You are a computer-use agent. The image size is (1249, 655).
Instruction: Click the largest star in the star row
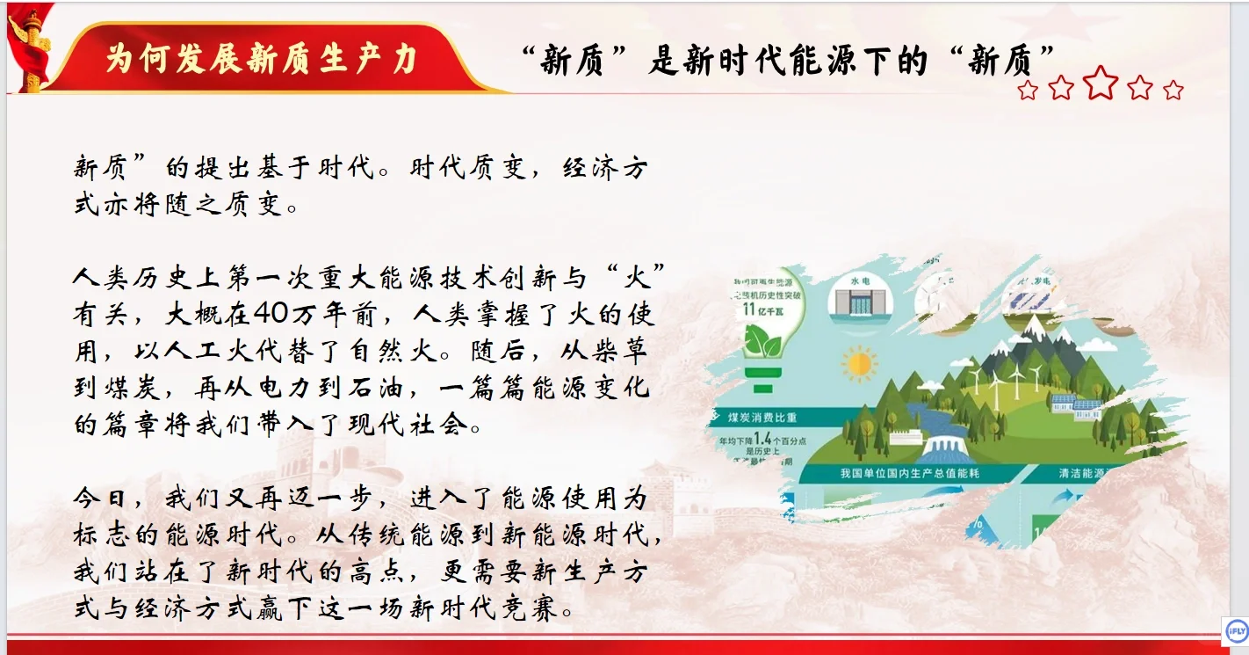coord(1101,83)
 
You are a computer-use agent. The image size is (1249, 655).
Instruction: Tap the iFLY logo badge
coord(1236,630)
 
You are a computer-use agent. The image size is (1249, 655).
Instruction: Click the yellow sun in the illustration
coord(858,362)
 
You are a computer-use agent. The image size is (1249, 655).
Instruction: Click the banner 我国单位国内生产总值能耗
coord(911,474)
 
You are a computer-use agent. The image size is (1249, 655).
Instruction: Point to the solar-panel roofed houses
coord(1077,405)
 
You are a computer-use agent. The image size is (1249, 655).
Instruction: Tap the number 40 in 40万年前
coord(267,314)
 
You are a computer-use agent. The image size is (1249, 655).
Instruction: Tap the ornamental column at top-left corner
coord(32,48)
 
